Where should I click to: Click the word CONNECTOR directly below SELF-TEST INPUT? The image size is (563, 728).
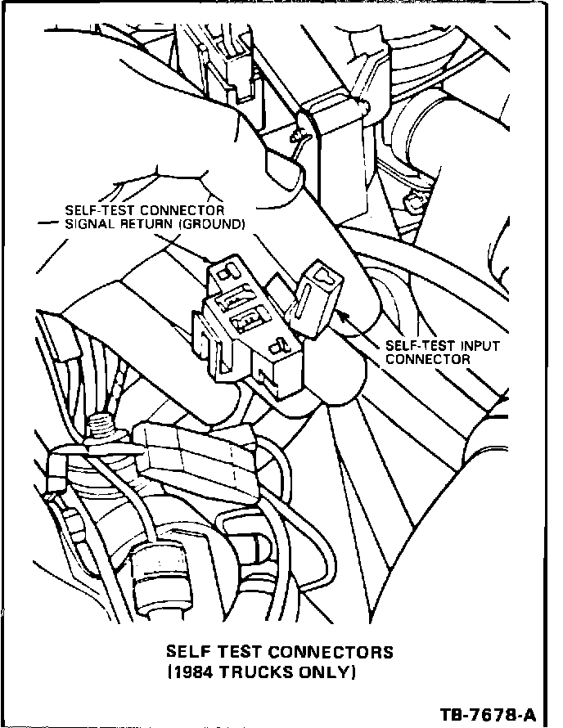(427, 358)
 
